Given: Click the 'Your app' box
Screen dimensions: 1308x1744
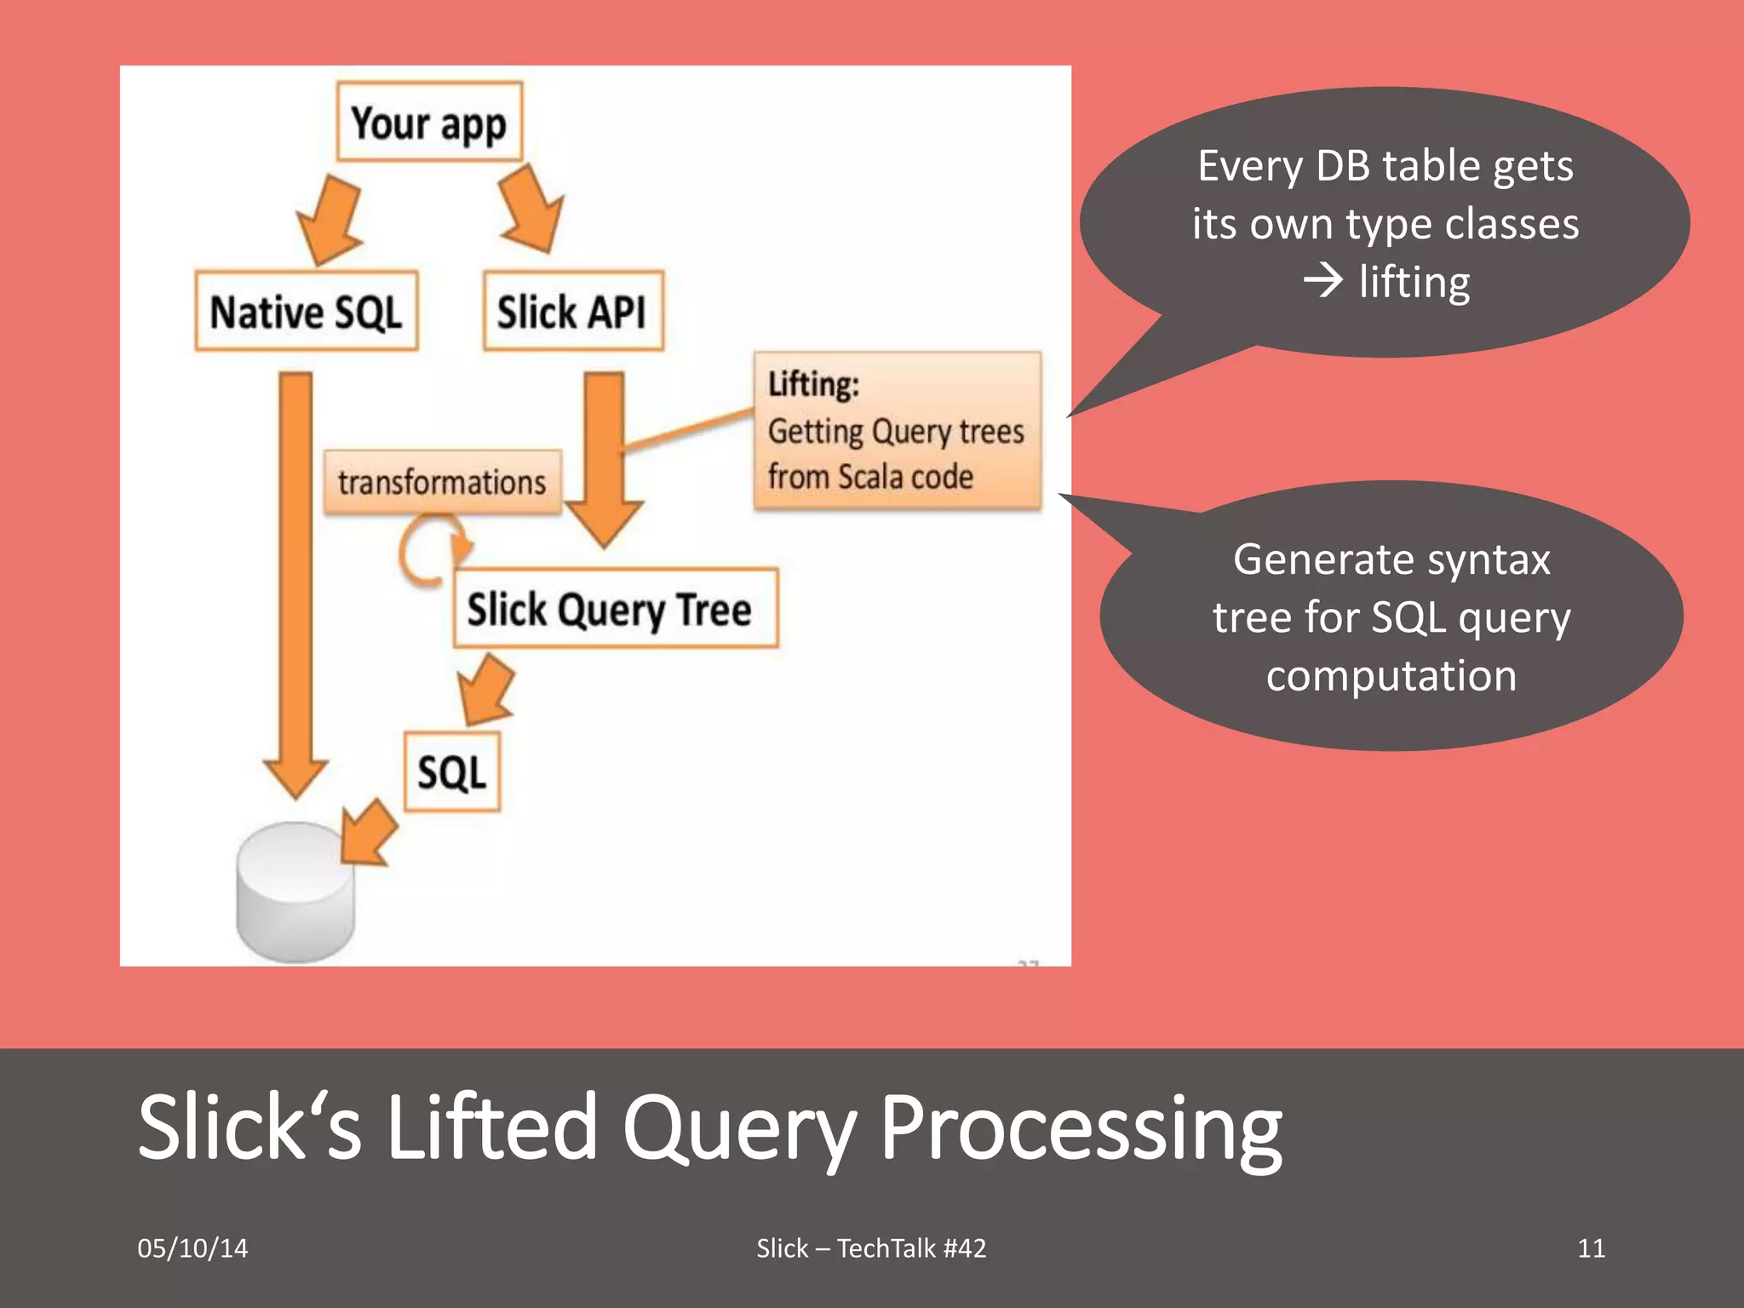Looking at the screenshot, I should click(x=429, y=123).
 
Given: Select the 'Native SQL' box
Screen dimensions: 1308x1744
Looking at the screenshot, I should click(x=307, y=312).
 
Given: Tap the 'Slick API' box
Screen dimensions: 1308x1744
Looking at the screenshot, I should click(x=573, y=312).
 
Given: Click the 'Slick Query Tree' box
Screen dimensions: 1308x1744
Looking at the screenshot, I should click(x=615, y=609).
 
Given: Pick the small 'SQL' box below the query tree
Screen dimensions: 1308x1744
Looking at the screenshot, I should click(x=452, y=772).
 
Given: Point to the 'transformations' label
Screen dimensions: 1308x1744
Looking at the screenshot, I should click(x=442, y=483).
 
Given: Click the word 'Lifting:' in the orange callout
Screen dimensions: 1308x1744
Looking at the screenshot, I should click(x=813, y=384).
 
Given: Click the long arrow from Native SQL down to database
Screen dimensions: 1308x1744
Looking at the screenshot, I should click(x=295, y=579).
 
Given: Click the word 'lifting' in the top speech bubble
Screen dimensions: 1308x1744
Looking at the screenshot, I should click(x=1414, y=282).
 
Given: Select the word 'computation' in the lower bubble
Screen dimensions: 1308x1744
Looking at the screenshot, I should click(x=1391, y=675).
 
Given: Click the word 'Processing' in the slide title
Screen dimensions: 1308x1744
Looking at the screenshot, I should click(x=1080, y=1128).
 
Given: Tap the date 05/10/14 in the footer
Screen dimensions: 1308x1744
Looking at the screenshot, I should click(x=192, y=1248).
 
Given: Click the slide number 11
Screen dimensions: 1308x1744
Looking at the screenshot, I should click(x=1591, y=1248).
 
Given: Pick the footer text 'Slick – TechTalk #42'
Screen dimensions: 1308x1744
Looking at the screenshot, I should click(x=871, y=1248).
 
